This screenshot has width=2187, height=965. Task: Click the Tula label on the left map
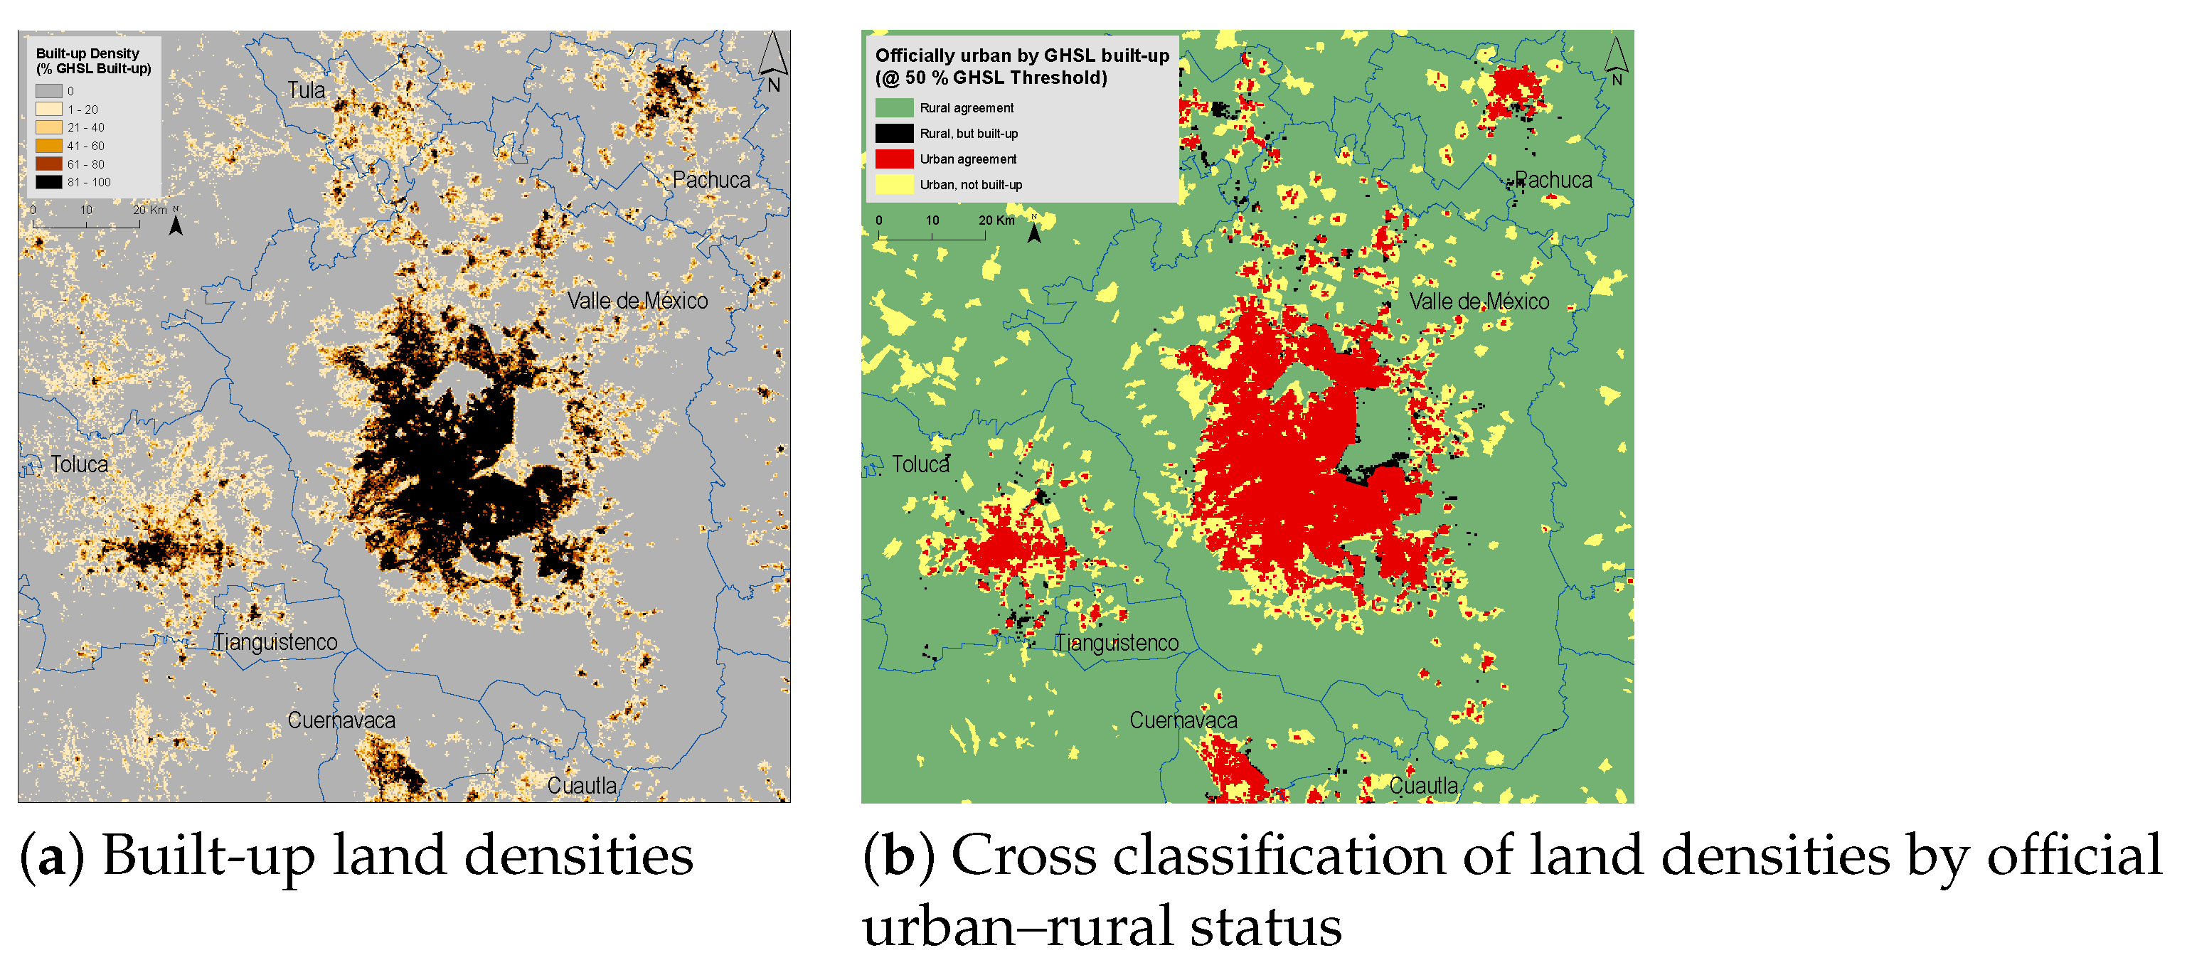(306, 90)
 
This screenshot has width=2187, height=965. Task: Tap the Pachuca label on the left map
(711, 180)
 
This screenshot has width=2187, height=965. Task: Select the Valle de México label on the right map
(1478, 302)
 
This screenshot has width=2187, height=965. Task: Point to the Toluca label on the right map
(920, 464)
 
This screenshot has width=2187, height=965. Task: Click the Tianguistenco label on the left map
(275, 641)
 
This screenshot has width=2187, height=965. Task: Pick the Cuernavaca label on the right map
(1183, 720)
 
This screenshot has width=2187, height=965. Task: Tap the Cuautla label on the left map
(582, 785)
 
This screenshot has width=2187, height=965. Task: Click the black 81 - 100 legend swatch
(48, 181)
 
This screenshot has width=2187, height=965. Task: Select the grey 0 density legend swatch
(48, 91)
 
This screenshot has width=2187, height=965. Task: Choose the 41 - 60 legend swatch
(48, 145)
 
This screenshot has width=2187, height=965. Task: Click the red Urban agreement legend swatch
(894, 159)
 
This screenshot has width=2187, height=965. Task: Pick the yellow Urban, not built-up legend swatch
(894, 184)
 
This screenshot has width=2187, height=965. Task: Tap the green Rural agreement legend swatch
(894, 108)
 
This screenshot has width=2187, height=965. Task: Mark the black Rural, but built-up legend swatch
(894, 133)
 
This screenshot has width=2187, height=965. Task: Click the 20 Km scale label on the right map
(996, 220)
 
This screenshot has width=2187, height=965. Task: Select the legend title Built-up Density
(87, 53)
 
